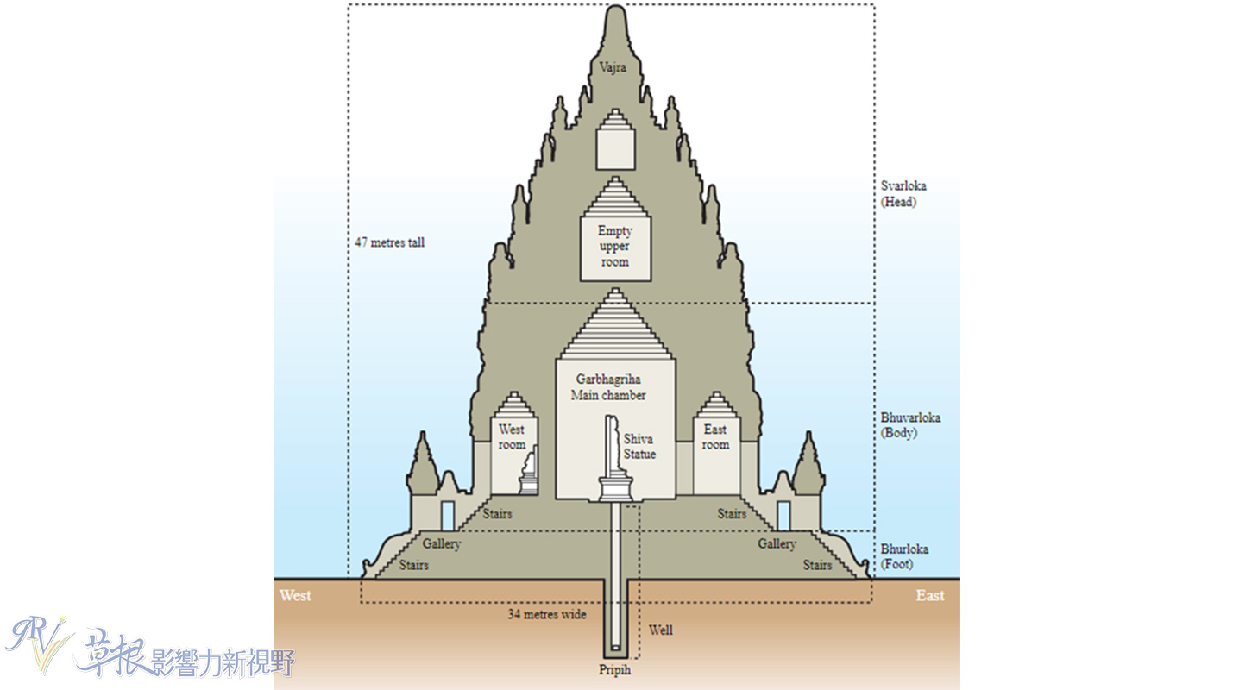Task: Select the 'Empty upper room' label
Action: (x=614, y=247)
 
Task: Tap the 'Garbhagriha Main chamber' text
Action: (x=607, y=387)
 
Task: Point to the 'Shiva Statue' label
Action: (x=639, y=447)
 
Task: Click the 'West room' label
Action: (x=511, y=437)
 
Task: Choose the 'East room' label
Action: (x=715, y=437)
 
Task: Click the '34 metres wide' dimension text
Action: (x=546, y=615)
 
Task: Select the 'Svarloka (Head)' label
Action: (x=904, y=194)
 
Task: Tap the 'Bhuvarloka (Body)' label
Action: (x=911, y=425)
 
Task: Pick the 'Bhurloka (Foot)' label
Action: (x=904, y=557)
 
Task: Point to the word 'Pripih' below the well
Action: (x=615, y=669)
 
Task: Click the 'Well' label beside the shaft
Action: (x=660, y=630)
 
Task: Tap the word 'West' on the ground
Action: (x=295, y=595)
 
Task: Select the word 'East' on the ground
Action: (x=929, y=595)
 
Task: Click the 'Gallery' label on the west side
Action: (x=442, y=544)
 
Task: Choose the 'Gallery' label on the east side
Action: (x=776, y=544)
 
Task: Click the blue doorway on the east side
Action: (x=783, y=515)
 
